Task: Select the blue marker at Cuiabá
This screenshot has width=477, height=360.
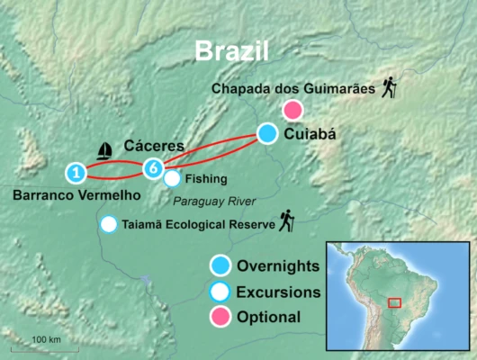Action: pyautogui.click(x=267, y=134)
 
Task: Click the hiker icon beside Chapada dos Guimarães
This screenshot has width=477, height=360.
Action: pyautogui.click(x=389, y=86)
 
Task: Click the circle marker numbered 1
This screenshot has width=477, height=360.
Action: pyautogui.click(x=77, y=171)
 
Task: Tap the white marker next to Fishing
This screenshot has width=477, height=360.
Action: pyautogui.click(x=171, y=178)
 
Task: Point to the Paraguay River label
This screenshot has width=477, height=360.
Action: pyautogui.click(x=215, y=200)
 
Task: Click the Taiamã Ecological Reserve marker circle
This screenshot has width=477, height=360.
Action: pyautogui.click(x=109, y=224)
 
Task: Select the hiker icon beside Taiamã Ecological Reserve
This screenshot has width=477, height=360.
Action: pyautogui.click(x=287, y=220)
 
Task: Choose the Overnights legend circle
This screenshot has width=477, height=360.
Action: pyautogui.click(x=219, y=265)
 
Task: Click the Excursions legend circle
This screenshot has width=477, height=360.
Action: pyautogui.click(x=219, y=292)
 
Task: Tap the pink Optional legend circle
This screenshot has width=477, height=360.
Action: pyautogui.click(x=219, y=317)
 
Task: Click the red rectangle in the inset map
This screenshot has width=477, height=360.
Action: pyautogui.click(x=394, y=301)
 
